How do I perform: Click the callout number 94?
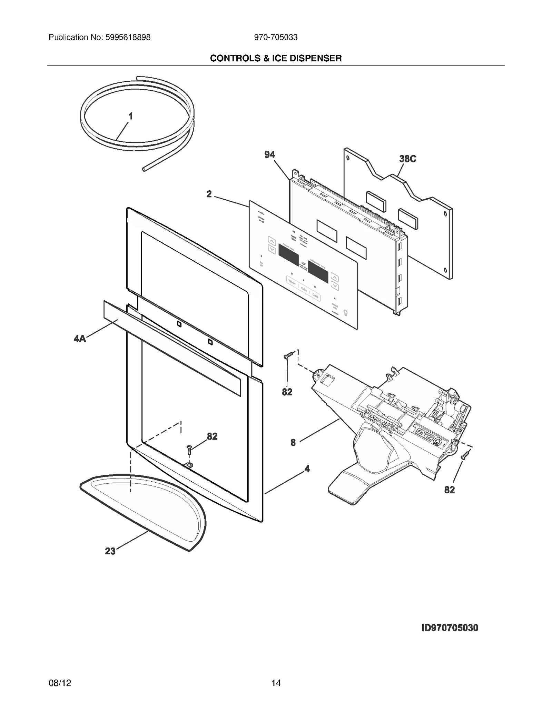[x=269, y=155]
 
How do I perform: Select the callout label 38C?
[x=407, y=159]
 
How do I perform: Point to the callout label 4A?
[x=80, y=339]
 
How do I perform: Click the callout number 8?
[x=293, y=443]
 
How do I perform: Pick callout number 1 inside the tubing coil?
[x=130, y=117]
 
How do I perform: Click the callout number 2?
[x=209, y=194]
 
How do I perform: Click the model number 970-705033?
[x=276, y=37]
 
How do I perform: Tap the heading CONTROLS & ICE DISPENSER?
[x=276, y=58]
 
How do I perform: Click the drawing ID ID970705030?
[x=450, y=628]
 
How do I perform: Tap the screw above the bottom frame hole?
[x=189, y=449]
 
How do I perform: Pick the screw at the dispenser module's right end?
[x=466, y=454]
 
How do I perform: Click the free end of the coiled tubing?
[x=144, y=169]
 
